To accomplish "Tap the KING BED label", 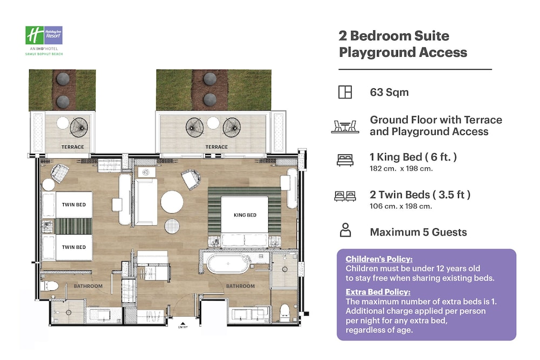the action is (245, 215).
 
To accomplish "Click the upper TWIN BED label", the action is (73, 205).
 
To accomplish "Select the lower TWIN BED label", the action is (73, 247).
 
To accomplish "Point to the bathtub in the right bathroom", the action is (228, 264).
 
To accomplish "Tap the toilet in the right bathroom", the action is (284, 312).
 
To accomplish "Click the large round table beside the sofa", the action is (172, 202).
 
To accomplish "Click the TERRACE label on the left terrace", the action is (73, 147).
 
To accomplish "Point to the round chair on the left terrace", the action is (79, 127).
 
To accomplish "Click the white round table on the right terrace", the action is (213, 123).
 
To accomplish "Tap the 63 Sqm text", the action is (389, 92).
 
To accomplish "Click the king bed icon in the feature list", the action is (345, 160).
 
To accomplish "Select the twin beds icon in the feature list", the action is (345, 196).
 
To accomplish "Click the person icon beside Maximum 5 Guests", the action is (346, 230).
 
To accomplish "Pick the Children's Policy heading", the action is (379, 259).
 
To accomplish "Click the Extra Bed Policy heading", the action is (378, 292).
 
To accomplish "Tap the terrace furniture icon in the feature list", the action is (345, 126).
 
